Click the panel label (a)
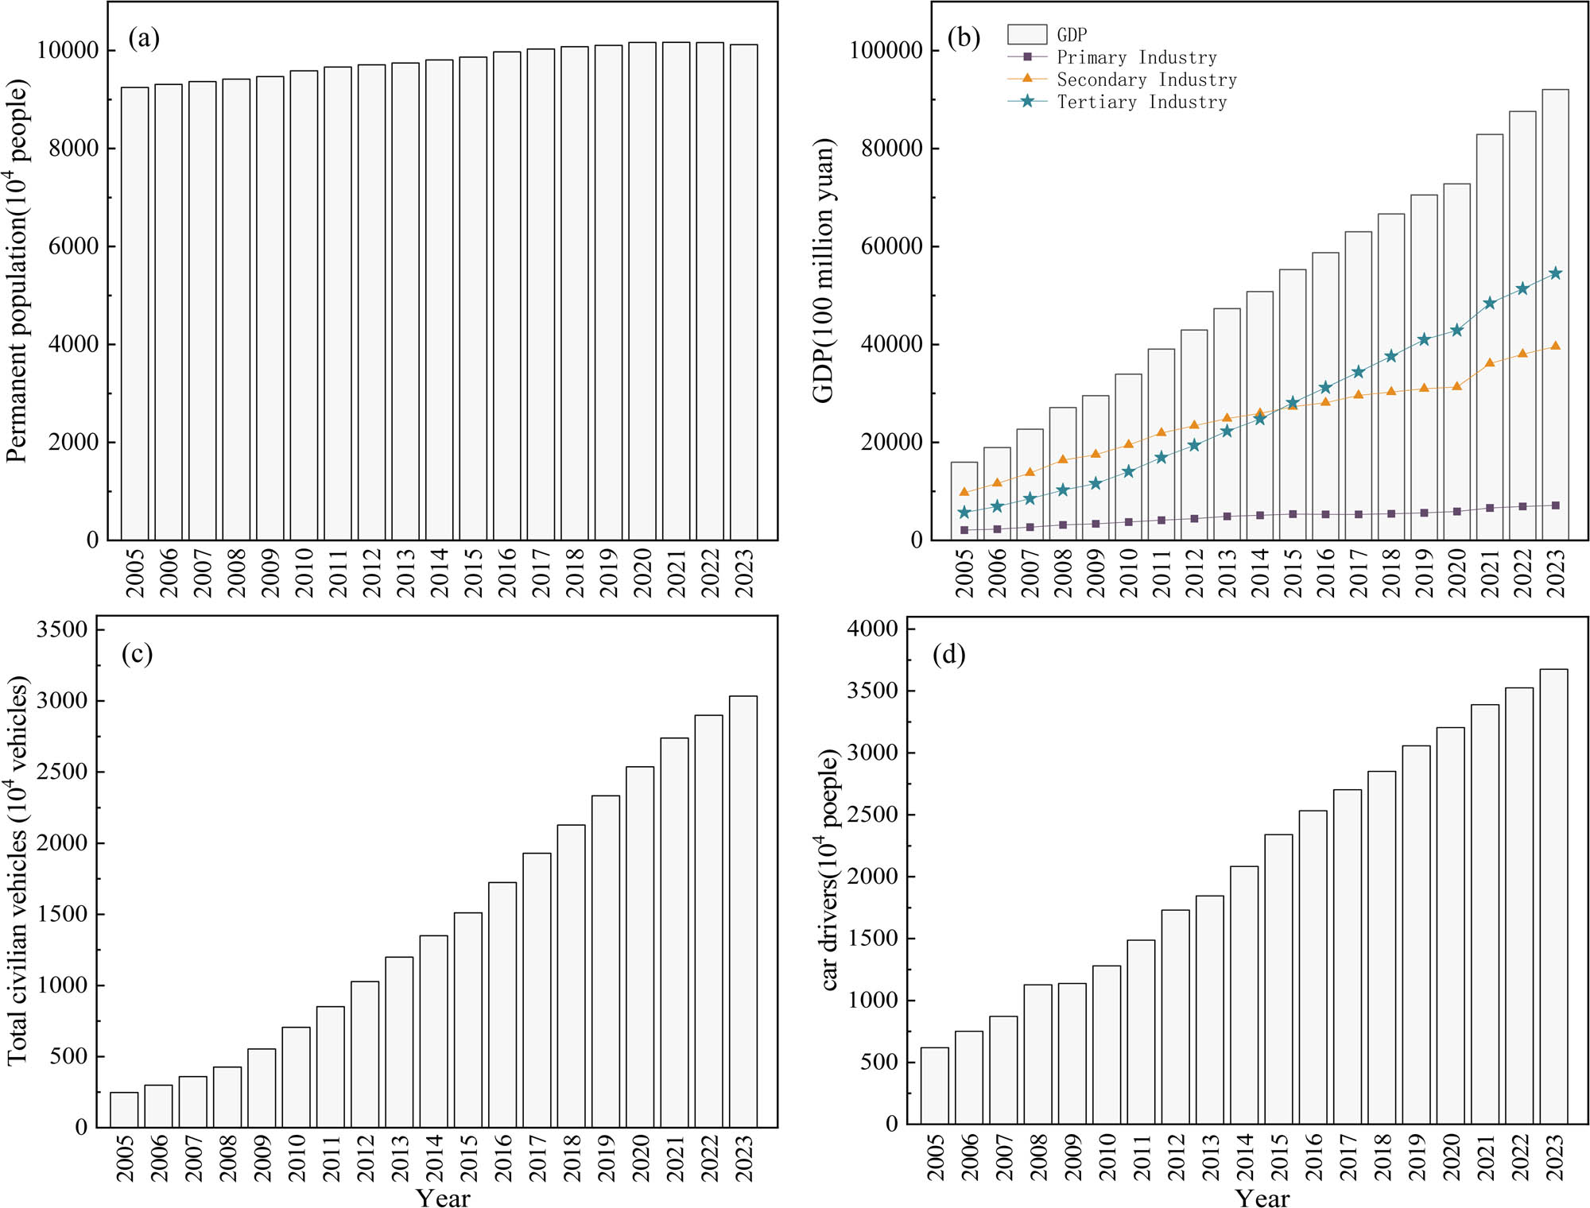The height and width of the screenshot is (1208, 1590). pos(144,38)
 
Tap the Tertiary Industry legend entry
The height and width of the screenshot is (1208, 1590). pos(1141,102)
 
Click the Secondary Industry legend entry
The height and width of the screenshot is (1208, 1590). pos(1146,79)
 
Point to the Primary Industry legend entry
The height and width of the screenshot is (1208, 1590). pos(1136,57)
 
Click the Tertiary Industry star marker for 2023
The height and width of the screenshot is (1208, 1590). pos(1555,273)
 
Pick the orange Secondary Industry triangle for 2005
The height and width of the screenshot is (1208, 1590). pos(964,492)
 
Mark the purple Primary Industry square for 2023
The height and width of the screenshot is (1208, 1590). pos(1555,505)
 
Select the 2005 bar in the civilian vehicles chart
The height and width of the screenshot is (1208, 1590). pos(124,1109)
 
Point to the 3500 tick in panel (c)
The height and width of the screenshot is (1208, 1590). pos(62,629)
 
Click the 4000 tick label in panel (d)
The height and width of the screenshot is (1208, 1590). pos(872,629)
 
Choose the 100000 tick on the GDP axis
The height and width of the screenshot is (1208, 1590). pos(885,50)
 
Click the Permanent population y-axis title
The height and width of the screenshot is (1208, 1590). pos(17,270)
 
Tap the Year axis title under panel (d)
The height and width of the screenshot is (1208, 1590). pos(1262,1198)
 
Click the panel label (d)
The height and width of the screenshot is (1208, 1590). pos(948,655)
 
